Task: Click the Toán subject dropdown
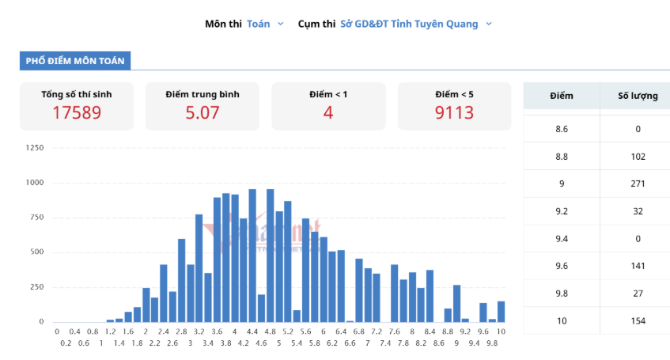point(265,24)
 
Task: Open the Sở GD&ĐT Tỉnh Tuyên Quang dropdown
point(416,24)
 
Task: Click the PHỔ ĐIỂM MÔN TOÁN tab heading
point(75,61)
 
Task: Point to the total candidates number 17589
point(77,112)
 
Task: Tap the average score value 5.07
point(203,112)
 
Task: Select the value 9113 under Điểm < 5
point(454,112)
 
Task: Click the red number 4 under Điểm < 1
point(328,112)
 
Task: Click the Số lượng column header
point(638,96)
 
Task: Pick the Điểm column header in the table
point(562,96)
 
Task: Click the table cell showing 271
point(638,184)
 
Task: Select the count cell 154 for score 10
point(638,321)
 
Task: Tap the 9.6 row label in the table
point(562,266)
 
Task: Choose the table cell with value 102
point(638,157)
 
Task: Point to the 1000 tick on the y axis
point(35,183)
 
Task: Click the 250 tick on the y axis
point(36,287)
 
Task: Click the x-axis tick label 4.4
point(252,332)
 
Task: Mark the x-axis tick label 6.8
point(359,332)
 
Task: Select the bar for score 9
point(456,304)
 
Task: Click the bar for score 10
point(502,312)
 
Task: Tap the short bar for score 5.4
point(297,316)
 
